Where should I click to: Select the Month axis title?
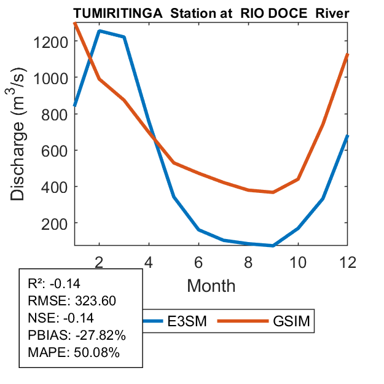tap(211, 285)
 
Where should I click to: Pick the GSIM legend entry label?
tap(291, 321)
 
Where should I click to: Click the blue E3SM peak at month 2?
tap(100, 31)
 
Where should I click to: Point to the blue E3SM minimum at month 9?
tap(273, 246)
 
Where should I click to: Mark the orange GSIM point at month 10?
tap(298, 179)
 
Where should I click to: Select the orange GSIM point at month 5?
tap(174, 163)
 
